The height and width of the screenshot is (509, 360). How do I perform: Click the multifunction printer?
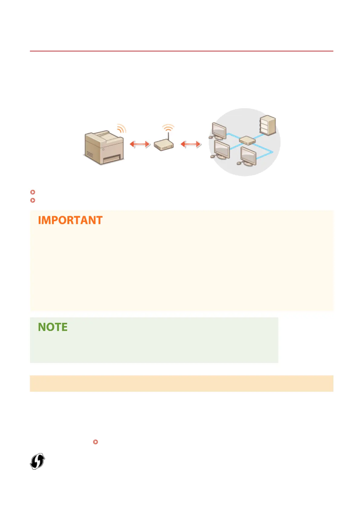pos(104,148)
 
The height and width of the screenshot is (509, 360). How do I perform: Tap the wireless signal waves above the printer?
pos(122,129)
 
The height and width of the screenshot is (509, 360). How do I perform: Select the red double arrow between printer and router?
pos(140,144)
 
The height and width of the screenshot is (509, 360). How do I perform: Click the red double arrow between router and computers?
pos(191,144)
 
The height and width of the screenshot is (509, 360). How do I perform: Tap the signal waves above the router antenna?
pos(168,127)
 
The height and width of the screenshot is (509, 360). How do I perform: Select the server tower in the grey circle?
pos(268,125)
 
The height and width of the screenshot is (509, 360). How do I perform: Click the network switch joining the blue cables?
pos(247,140)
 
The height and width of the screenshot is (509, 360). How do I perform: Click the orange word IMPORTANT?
pos(70,220)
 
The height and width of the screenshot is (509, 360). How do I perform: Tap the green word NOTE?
pos(53,327)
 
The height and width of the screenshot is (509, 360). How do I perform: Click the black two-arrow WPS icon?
pos(37,461)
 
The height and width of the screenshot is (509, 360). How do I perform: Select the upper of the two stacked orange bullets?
pos(33,192)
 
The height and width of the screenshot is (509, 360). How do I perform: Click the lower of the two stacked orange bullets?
pos(33,200)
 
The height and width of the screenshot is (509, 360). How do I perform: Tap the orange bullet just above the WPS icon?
pos(96,442)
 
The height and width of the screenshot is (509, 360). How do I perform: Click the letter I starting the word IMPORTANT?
pos(39,220)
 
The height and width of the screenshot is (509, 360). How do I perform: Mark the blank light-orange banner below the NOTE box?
pos(181,383)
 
